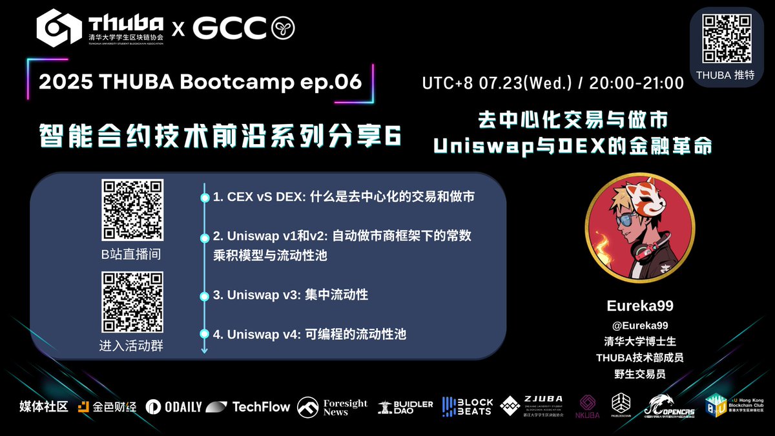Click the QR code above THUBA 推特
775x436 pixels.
coord(727,38)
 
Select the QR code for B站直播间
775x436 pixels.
coord(132,211)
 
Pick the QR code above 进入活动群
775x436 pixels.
coord(132,302)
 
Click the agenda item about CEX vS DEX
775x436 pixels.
coord(344,197)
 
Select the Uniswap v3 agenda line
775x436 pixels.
coord(291,295)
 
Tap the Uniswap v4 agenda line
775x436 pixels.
coord(309,334)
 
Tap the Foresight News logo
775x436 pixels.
coord(332,407)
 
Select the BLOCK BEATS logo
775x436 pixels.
coord(468,407)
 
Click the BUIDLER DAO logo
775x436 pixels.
coord(406,407)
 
